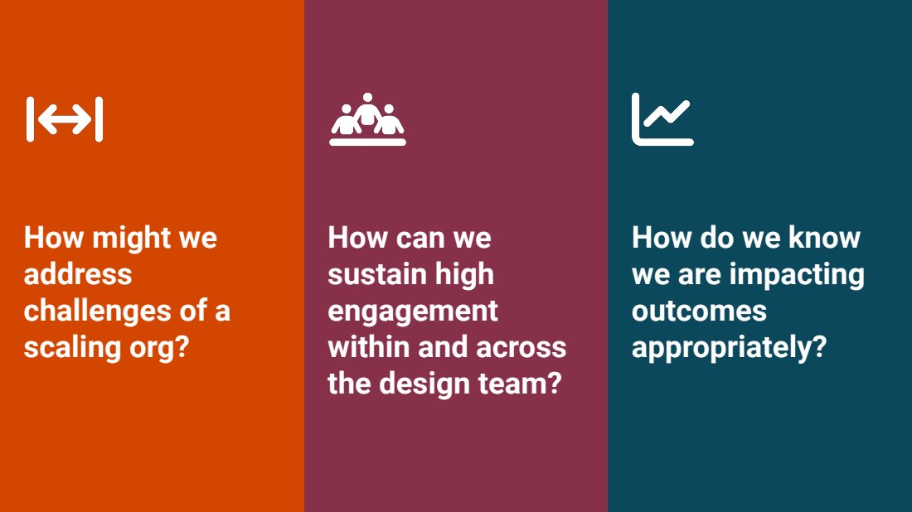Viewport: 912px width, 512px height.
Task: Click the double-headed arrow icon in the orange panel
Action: click(65, 119)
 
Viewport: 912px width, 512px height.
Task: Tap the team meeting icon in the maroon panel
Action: click(367, 119)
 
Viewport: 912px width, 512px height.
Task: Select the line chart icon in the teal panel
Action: click(662, 119)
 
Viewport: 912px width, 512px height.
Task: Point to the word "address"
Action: click(78, 274)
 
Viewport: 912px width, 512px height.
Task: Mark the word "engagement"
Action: click(413, 312)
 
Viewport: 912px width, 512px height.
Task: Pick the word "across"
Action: click(521, 348)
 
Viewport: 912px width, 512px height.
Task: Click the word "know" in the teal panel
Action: click(824, 238)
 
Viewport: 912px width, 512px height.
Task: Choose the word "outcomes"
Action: click(699, 312)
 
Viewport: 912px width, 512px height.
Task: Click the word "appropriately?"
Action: click(730, 348)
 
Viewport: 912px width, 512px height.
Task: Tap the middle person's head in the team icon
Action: click(367, 97)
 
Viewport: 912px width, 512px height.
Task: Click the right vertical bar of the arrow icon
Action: click(99, 119)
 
